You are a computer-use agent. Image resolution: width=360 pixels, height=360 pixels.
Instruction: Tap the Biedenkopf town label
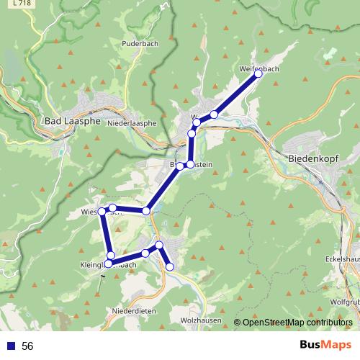pos(316,158)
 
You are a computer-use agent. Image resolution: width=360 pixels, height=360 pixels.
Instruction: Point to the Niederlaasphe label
pos(131,123)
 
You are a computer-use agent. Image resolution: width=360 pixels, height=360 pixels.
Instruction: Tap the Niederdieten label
pos(134,310)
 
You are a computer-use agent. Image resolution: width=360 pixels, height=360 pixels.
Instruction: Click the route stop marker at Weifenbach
pos(258,74)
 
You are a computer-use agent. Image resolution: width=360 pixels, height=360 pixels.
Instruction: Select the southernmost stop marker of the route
pos(170,267)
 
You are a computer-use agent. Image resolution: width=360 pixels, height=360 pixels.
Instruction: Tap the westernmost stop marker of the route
pos(102,211)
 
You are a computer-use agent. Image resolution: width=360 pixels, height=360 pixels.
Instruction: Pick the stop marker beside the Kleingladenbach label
pos(111,256)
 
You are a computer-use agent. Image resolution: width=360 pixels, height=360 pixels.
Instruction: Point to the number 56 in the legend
pos(27,346)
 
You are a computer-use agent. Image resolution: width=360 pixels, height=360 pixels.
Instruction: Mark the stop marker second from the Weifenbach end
pos(215,114)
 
